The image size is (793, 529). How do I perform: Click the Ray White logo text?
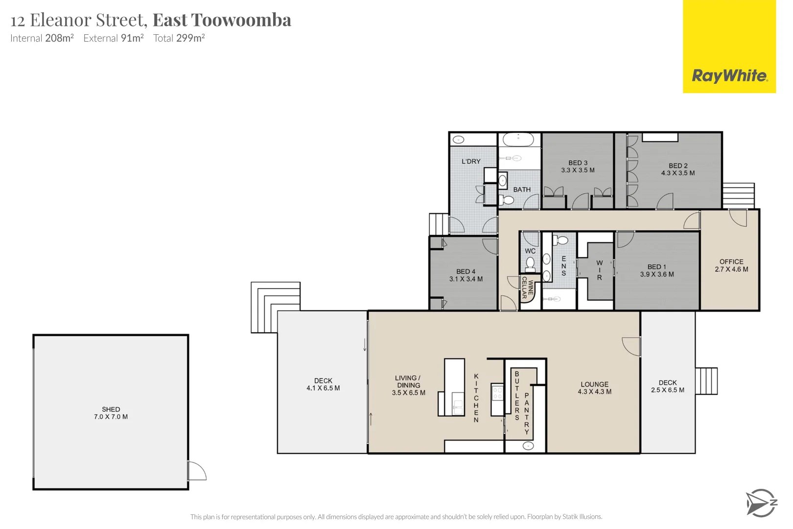729,76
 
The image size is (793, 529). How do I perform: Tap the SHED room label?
111,409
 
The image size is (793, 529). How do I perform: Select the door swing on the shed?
197,471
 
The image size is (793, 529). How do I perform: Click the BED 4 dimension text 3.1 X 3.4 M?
466,279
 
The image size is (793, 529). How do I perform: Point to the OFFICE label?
731,262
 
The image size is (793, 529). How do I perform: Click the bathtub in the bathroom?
519,139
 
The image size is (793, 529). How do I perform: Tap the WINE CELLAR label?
527,288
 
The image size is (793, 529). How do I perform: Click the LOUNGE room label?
595,385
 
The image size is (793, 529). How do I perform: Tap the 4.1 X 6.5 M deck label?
323,388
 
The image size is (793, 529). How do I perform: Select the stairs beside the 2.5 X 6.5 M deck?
706,381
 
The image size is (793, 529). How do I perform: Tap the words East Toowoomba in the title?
222,20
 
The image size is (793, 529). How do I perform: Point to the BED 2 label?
678,166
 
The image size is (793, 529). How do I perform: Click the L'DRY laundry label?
471,161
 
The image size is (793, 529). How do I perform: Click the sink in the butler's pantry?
528,446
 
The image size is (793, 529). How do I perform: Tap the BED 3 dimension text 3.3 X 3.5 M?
578,170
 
